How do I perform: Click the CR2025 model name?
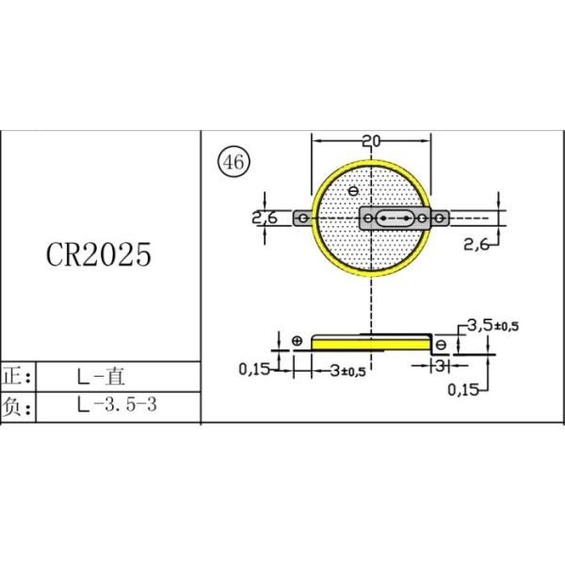(x=99, y=254)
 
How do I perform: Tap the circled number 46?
(x=234, y=162)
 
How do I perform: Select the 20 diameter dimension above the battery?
(x=371, y=141)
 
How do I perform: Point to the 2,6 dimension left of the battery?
(x=265, y=218)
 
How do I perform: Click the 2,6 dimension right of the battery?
(x=476, y=245)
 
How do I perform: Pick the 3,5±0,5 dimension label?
(x=493, y=326)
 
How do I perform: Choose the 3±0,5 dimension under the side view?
(x=348, y=370)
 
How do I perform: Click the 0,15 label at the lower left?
(x=254, y=368)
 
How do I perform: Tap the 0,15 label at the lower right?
(x=463, y=390)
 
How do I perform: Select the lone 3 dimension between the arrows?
(x=440, y=365)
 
